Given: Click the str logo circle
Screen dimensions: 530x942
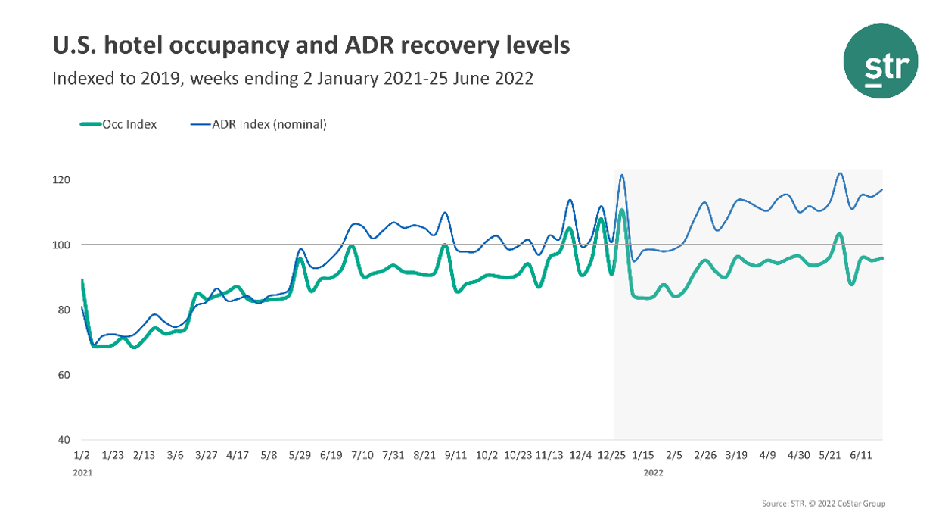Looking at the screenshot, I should point(881,61).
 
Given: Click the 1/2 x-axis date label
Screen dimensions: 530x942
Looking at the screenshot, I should point(82,455).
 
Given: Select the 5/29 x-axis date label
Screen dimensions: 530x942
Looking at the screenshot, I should point(300,455).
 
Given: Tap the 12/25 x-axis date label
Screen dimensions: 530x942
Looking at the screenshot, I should point(611,455).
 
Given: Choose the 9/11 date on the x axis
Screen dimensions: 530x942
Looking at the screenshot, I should point(456,455).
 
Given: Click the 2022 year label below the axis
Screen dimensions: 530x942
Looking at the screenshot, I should point(654,472).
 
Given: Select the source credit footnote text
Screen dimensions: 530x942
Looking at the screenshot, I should point(822,503).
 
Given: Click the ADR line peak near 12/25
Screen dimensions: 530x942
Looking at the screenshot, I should point(621,176).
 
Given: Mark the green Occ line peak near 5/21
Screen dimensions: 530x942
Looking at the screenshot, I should point(839,234).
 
